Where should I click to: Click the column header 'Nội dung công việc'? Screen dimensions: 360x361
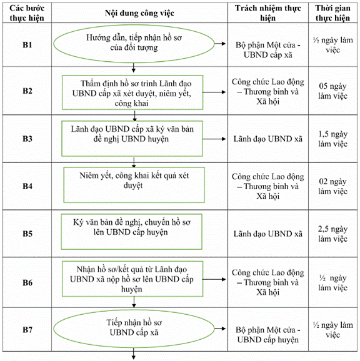(139, 13)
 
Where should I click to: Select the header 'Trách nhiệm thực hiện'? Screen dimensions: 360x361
(268, 13)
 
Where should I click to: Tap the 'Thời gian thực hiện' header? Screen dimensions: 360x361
(333, 13)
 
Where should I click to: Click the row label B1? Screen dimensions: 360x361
(27, 45)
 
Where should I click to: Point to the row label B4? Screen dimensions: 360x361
(27, 186)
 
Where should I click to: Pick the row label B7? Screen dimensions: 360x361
(27, 330)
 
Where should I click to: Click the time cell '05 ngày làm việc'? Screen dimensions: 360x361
(333, 91)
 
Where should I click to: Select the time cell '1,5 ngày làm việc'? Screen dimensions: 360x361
(333, 139)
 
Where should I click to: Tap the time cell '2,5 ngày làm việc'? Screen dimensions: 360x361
(333, 234)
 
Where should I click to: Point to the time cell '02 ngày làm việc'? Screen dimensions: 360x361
(333, 186)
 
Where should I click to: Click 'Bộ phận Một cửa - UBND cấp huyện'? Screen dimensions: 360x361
(268, 335)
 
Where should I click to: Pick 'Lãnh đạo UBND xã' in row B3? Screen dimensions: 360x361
(268, 139)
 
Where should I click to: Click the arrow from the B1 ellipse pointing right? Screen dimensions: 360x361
(220, 44)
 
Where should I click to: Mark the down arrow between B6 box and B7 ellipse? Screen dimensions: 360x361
(134, 302)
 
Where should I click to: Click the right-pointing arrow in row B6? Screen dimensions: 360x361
(214, 279)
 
